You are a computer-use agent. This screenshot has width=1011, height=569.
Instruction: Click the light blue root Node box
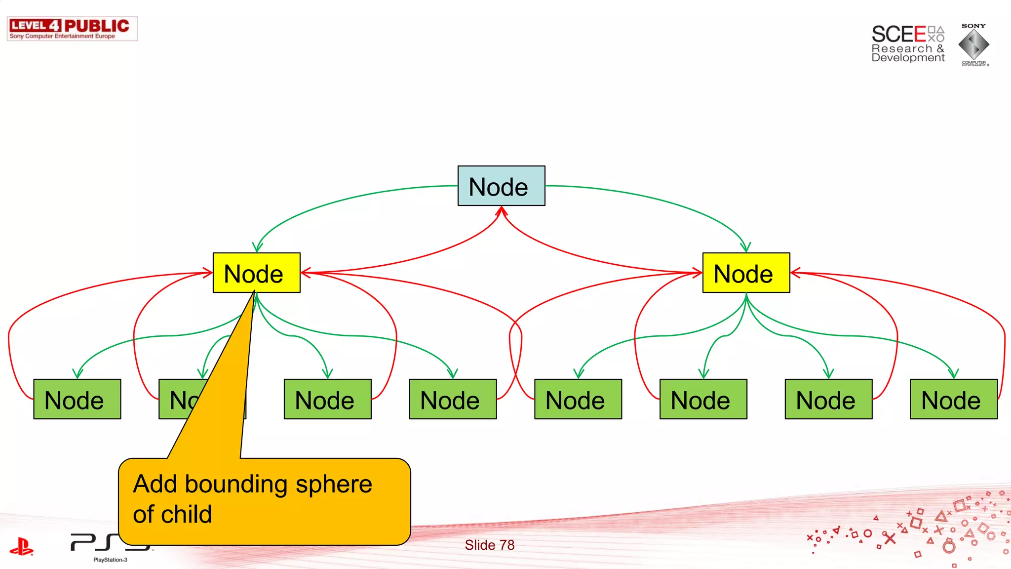pyautogui.click(x=501, y=186)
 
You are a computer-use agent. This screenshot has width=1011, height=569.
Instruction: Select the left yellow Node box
pyautogui.click(x=256, y=273)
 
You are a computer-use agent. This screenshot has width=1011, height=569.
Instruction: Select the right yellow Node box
pyautogui.click(x=746, y=273)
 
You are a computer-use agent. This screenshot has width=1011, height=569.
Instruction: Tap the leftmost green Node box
pyautogui.click(x=77, y=399)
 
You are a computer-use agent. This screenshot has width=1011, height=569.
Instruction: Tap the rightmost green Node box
pyautogui.click(x=953, y=399)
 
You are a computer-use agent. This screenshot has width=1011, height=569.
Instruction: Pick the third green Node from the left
pyautogui.click(x=327, y=399)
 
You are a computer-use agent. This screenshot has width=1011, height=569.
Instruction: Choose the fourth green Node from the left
pyautogui.click(x=453, y=399)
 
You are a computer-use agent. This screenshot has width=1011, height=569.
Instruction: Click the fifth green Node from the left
pyautogui.click(x=578, y=399)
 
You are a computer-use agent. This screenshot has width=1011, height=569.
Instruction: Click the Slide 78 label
pyautogui.click(x=489, y=545)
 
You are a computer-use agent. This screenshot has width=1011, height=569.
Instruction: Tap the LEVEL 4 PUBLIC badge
pyautogui.click(x=72, y=29)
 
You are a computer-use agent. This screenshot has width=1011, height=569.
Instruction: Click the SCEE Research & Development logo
pyautogui.click(x=907, y=43)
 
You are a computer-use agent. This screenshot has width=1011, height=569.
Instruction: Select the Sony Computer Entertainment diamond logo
pyautogui.click(x=973, y=44)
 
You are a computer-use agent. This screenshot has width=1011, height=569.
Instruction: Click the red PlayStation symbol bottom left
pyautogui.click(x=21, y=546)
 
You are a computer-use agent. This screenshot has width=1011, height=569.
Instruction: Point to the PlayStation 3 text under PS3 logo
pyautogui.click(x=110, y=560)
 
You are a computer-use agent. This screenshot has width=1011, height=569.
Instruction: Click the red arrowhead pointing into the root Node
pyautogui.click(x=502, y=211)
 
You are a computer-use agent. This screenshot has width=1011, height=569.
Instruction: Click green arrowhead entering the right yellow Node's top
pyautogui.click(x=745, y=247)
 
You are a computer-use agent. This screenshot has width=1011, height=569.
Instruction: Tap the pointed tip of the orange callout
pyautogui.click(x=254, y=292)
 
